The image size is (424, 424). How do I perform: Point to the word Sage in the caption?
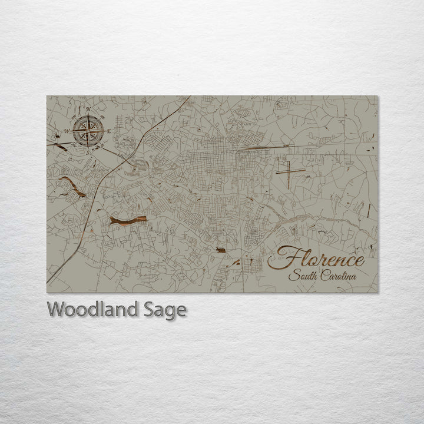click(x=165, y=310)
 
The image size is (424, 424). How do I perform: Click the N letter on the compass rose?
click(x=88, y=110)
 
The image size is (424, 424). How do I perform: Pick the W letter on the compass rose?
click(x=67, y=131)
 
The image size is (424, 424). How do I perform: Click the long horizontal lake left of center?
click(x=127, y=220)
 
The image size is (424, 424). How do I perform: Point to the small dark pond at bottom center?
click(x=220, y=250)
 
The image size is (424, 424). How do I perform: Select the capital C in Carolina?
click(x=324, y=276)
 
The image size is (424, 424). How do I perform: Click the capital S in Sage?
click(x=151, y=309)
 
